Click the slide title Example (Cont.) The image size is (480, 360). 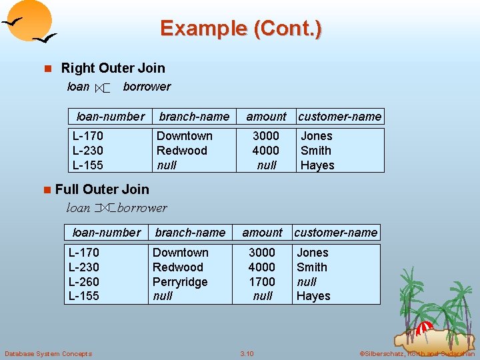241,28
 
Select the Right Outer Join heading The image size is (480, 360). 113,68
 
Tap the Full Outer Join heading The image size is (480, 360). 102,189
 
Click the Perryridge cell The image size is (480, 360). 180,282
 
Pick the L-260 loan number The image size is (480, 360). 84,282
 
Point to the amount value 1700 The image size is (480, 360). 262,282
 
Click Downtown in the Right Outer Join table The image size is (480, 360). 184,136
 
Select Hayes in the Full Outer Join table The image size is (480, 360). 313,296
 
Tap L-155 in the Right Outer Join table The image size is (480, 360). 88,165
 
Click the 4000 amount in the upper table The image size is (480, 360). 266,151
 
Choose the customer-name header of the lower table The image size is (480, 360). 336,233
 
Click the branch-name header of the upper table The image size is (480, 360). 194,117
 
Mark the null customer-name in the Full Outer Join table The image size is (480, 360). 307,282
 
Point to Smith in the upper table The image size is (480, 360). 316,151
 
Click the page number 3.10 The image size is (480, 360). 247,353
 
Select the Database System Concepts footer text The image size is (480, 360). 48,353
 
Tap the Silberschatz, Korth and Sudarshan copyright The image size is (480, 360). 417,353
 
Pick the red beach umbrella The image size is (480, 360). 424,328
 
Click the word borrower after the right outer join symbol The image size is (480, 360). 147,87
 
